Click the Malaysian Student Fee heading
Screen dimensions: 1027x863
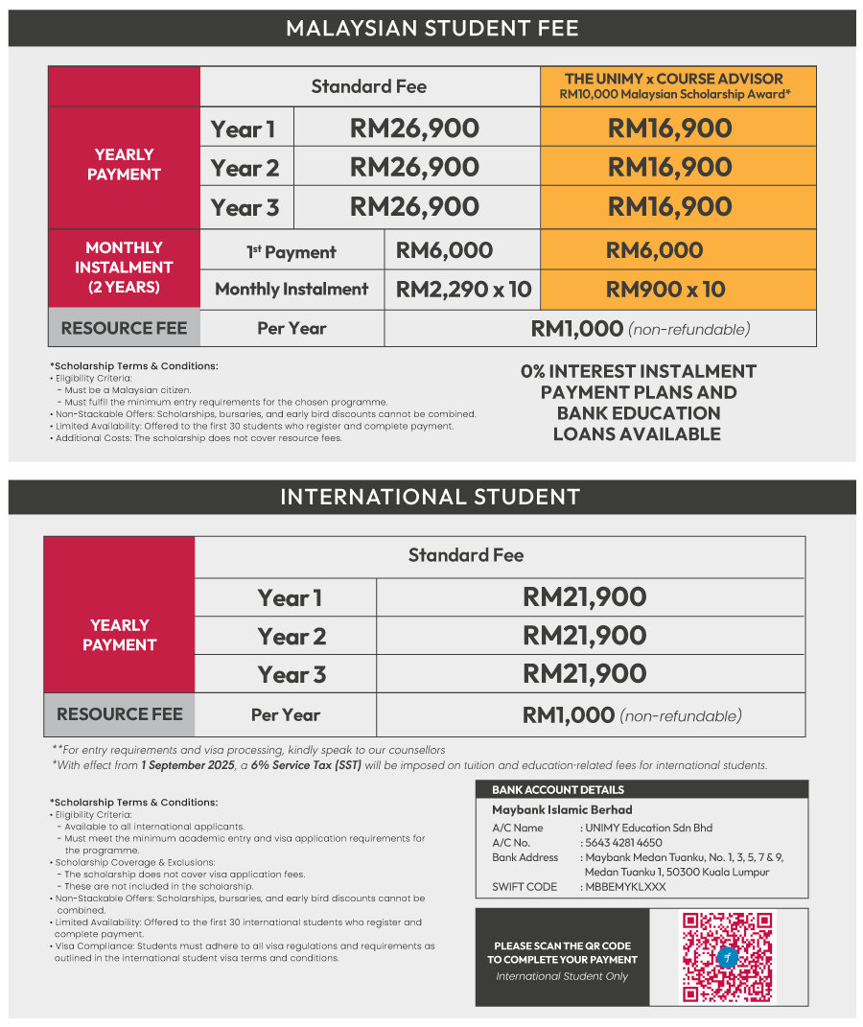pyautogui.click(x=431, y=28)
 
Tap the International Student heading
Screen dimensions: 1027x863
pyautogui.click(x=431, y=497)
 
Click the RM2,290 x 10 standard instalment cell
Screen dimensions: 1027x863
pyautogui.click(x=463, y=290)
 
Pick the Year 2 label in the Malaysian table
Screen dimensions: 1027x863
pyautogui.click(x=245, y=168)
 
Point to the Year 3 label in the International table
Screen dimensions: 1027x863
pyautogui.click(x=292, y=674)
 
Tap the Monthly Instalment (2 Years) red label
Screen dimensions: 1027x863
pyautogui.click(x=124, y=268)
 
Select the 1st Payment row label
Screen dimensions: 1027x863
pyautogui.click(x=292, y=252)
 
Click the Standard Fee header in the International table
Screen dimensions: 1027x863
pyautogui.click(x=466, y=555)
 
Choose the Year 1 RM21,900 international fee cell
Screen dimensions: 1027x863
pyautogui.click(x=584, y=597)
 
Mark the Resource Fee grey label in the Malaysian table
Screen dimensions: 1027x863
pyautogui.click(x=124, y=328)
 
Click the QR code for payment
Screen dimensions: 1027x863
pyautogui.click(x=727, y=956)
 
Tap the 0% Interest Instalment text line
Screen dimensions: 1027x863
pyautogui.click(x=638, y=371)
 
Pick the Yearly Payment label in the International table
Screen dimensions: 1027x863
pyautogui.click(x=119, y=635)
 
